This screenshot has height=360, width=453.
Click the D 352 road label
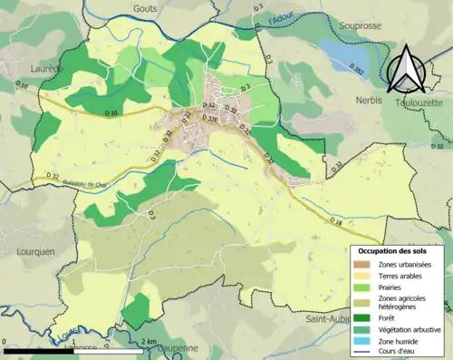359,71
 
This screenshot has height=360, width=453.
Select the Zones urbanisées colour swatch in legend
365,263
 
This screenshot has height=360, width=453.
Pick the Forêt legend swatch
365,316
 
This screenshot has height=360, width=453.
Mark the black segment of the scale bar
36,350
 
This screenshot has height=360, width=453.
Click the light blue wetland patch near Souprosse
338,54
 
